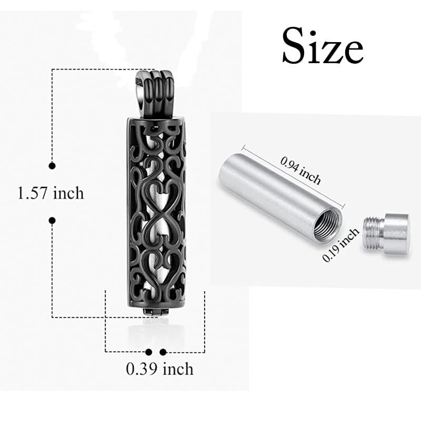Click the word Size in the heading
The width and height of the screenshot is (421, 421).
coord(323,46)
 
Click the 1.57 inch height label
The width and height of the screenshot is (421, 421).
coord(51,193)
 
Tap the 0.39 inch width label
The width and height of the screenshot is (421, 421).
coord(159,369)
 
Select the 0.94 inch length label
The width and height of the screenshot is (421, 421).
coord(300,171)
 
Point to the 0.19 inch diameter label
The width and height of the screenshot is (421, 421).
coord(340,245)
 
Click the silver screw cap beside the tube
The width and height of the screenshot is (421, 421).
coord(386,233)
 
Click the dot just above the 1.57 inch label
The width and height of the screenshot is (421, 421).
coord(52,166)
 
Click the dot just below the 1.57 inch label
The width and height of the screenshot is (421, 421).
coord(52,220)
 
